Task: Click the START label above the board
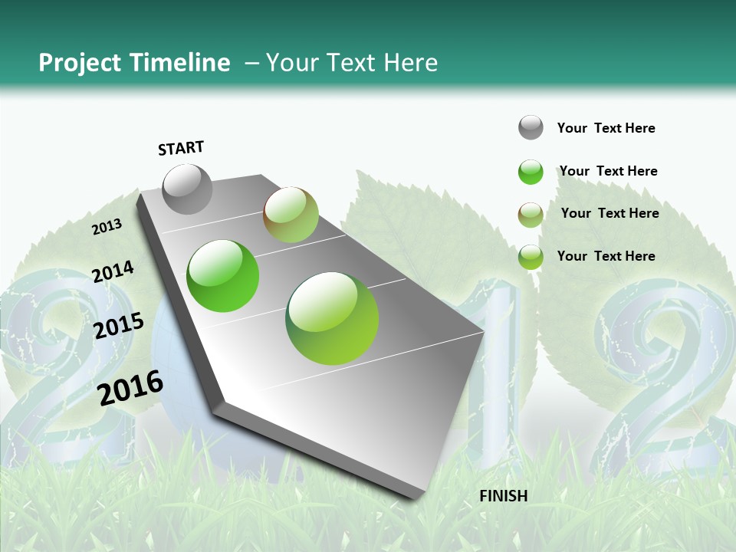pyautogui.click(x=181, y=148)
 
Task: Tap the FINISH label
pyautogui.click(x=504, y=496)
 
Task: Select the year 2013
pyautogui.click(x=107, y=227)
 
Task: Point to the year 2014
pyautogui.click(x=113, y=272)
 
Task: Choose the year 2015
pyautogui.click(x=119, y=326)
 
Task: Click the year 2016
pyautogui.click(x=130, y=387)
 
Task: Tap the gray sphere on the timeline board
pyautogui.click(x=187, y=189)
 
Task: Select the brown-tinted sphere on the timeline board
pyautogui.click(x=291, y=215)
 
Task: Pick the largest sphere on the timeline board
pyautogui.click(x=332, y=318)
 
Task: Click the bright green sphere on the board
pyautogui.click(x=223, y=276)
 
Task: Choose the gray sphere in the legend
pyautogui.click(x=531, y=127)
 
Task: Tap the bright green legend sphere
pyautogui.click(x=531, y=172)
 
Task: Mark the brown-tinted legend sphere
pyautogui.click(x=531, y=215)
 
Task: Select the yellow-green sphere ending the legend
pyautogui.click(x=531, y=257)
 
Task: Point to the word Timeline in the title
pyautogui.click(x=180, y=63)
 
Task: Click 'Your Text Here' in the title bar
pyautogui.click(x=352, y=63)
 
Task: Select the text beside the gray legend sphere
pyautogui.click(x=606, y=128)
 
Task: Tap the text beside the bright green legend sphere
pyautogui.click(x=608, y=171)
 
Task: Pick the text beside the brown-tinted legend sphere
pyautogui.click(x=609, y=213)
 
